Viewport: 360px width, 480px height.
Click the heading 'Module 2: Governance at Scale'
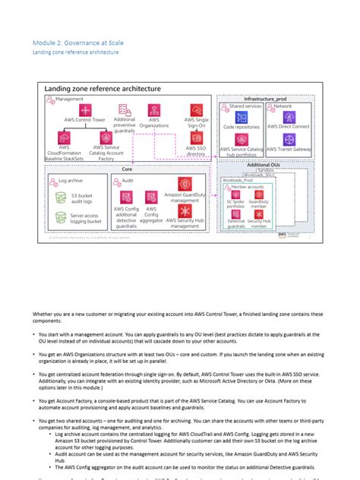click(77, 43)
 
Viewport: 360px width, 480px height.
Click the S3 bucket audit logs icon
click(63, 197)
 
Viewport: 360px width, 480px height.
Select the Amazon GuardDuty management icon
click(186, 184)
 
